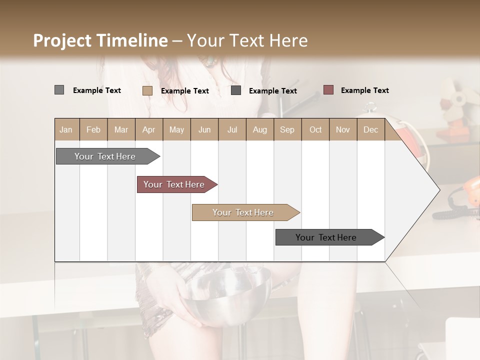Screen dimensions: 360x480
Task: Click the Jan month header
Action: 66,129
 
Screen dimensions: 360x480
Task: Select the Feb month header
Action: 93,129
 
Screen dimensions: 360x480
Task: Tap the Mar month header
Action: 121,129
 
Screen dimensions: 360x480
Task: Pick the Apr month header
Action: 148,129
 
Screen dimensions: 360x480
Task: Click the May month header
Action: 176,129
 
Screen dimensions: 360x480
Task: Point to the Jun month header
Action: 204,129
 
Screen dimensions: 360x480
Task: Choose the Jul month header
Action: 232,129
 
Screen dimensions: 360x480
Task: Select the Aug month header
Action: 259,129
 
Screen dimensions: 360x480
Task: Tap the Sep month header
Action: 287,129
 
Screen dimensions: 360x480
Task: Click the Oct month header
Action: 315,129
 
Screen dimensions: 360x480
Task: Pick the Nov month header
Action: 343,129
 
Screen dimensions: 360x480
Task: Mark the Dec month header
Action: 370,129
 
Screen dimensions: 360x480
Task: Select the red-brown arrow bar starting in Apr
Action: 175,184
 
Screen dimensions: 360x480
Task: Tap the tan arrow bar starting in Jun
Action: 244,212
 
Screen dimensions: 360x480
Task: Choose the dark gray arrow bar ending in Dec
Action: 327,237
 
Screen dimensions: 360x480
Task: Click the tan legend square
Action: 147,90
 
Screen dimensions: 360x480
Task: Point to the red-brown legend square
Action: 328,90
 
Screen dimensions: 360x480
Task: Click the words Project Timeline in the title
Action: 100,40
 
